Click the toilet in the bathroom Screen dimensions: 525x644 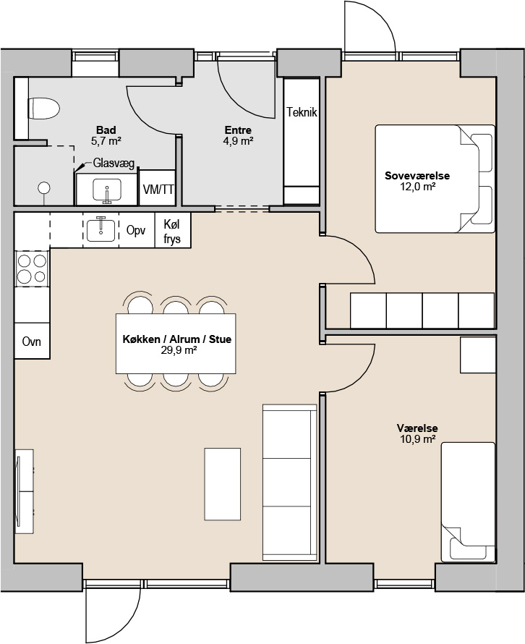[x=44, y=109]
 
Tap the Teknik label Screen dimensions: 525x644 [x=302, y=112]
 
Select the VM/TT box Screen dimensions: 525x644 [x=158, y=188]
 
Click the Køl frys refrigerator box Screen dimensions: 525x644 [x=172, y=230]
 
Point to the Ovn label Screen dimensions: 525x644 [x=32, y=341]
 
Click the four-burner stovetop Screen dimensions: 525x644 [x=32, y=268]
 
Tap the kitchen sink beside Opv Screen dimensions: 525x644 [x=101, y=229]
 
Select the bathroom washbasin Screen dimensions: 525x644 [x=107, y=191]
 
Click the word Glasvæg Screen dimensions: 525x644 [x=114, y=163]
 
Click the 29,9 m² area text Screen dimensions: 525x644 [x=177, y=350]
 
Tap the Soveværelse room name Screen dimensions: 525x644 [x=417, y=176]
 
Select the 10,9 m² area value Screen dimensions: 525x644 [x=417, y=439]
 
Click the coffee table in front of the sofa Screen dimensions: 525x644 [x=223, y=484]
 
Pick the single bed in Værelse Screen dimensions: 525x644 [x=468, y=502]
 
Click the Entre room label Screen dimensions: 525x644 [x=238, y=130]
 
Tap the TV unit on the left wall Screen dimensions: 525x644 [x=24, y=491]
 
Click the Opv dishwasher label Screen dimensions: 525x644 [x=136, y=230]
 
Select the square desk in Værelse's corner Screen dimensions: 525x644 [x=477, y=355]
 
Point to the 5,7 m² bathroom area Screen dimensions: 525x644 [x=106, y=141]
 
